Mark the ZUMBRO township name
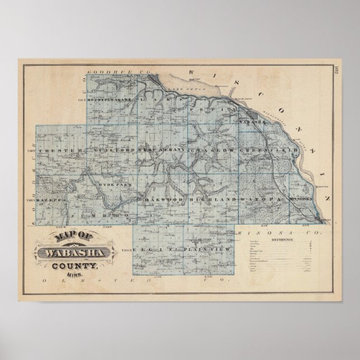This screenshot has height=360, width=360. point(111,215)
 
